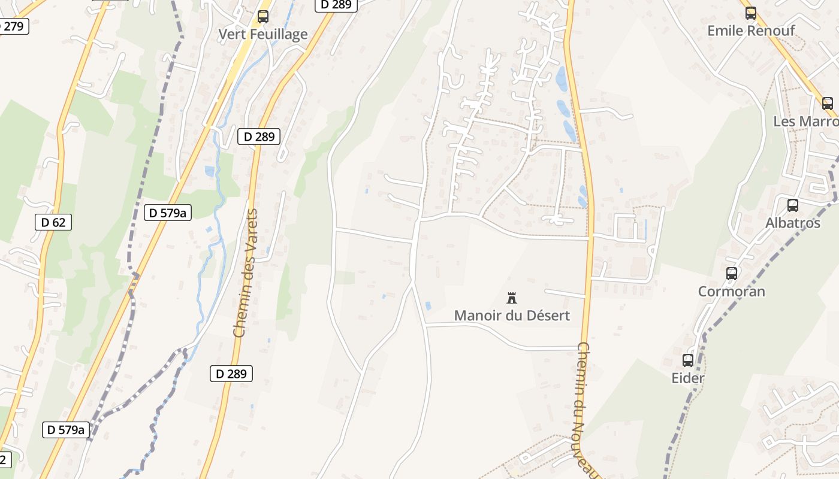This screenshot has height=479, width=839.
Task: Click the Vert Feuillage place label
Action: pyautogui.click(x=262, y=34)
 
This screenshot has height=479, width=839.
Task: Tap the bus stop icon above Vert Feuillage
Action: pyautogui.click(x=262, y=17)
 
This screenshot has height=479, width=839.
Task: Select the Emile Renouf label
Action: pyautogui.click(x=751, y=31)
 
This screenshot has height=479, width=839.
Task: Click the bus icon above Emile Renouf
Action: pyautogui.click(x=751, y=13)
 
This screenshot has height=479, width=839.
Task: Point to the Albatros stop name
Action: pyautogui.click(x=792, y=223)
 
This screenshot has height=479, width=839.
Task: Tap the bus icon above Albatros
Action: pyautogui.click(x=792, y=205)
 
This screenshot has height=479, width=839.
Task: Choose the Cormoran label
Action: pyautogui.click(x=731, y=292)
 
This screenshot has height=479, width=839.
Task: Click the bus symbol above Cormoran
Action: pyautogui.click(x=731, y=274)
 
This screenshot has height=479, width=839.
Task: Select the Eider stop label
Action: pyautogui.click(x=687, y=378)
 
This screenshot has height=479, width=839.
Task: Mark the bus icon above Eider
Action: pyautogui.click(x=687, y=360)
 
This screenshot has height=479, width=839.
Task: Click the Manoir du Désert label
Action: pyautogui.click(x=512, y=315)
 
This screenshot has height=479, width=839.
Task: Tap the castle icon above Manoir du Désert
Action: pyautogui.click(x=512, y=298)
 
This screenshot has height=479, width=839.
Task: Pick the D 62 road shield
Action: pyautogui.click(x=53, y=222)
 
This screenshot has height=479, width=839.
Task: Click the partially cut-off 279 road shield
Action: pyautogui.click(x=13, y=26)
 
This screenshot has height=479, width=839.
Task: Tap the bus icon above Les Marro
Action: pyautogui.click(x=828, y=103)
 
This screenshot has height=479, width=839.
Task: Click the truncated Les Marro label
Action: pyautogui.click(x=805, y=121)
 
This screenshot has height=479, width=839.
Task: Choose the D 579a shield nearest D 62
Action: pyautogui.click(x=168, y=212)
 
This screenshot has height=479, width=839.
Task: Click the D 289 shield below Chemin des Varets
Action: pyautogui.click(x=231, y=374)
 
